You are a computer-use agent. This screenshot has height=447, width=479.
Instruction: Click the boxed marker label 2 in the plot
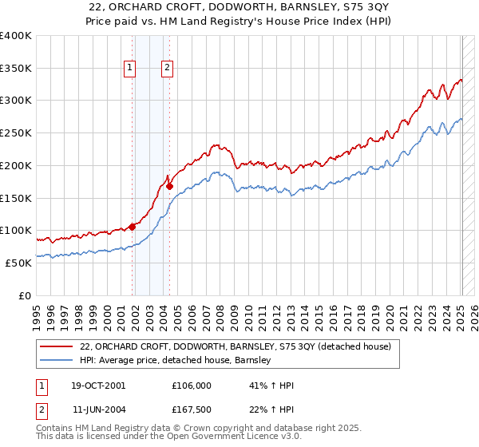pyautogui.click(x=168, y=69)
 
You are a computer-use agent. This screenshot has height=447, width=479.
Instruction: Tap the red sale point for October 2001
pyautogui.click(x=132, y=226)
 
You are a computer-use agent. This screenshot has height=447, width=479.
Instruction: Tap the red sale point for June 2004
pyautogui.click(x=169, y=186)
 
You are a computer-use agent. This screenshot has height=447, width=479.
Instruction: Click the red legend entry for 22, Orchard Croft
pyautogui.click(x=235, y=346)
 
